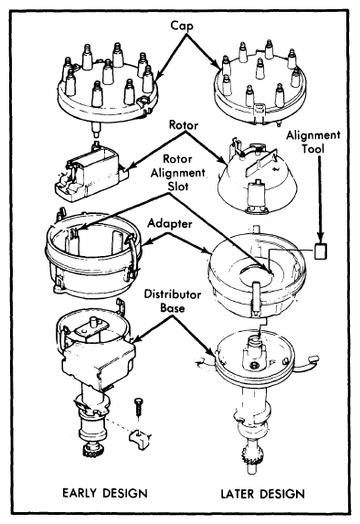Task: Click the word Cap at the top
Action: (181, 27)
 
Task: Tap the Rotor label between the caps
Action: (184, 125)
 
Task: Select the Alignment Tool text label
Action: (313, 142)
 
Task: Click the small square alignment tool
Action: (321, 251)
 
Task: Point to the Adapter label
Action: (170, 223)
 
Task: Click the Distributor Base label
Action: (173, 301)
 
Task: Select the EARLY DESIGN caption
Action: (105, 493)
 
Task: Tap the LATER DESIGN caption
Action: (263, 494)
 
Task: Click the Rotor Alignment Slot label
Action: (177, 173)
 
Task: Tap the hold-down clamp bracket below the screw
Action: (139, 439)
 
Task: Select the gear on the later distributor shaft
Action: (252, 452)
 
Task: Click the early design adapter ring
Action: (93, 254)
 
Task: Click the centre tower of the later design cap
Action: (260, 68)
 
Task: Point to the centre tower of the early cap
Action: (108, 71)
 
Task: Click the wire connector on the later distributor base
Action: (312, 359)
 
